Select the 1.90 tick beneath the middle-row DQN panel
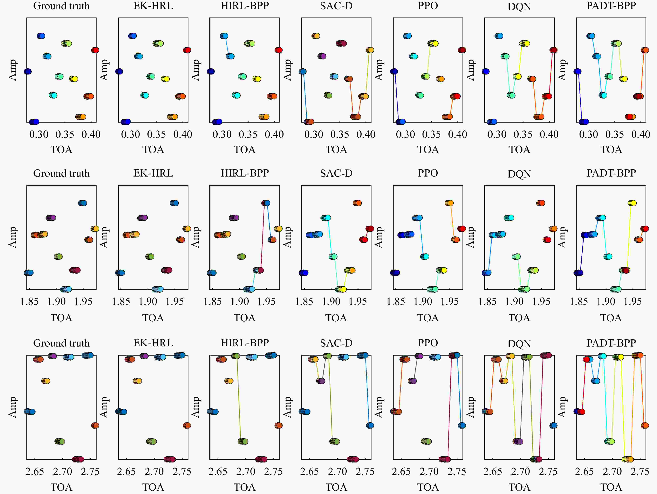pyautogui.click(x=514, y=302)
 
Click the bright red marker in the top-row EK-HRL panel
pyautogui.click(x=187, y=50)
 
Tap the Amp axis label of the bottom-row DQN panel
pyautogui.click(x=471, y=407)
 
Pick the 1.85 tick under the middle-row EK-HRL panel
pyautogui.click(x=121, y=302)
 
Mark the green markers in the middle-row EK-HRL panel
pyautogui.click(x=150, y=257)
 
